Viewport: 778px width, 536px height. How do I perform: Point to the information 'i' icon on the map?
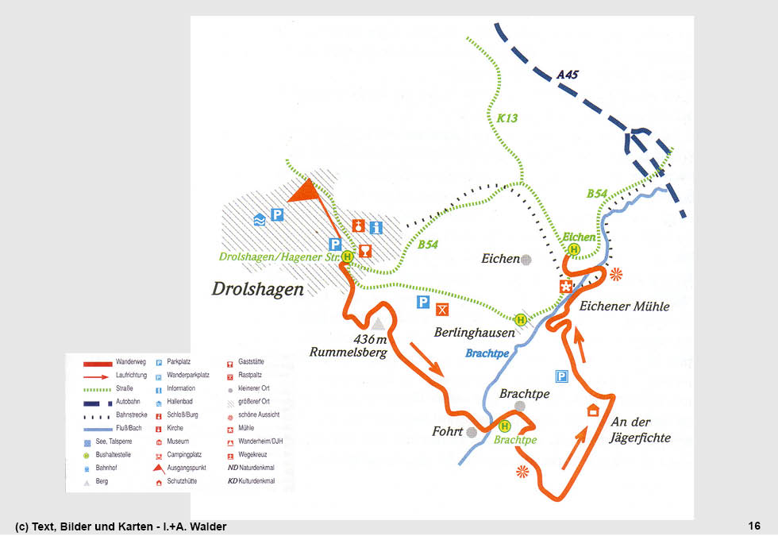pyautogui.click(x=376, y=227)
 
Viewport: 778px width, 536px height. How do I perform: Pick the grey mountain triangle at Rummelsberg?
pyautogui.click(x=378, y=323)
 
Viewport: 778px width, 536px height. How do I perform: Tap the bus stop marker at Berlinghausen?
pyautogui.click(x=521, y=319)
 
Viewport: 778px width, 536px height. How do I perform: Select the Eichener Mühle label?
pyautogui.click(x=624, y=307)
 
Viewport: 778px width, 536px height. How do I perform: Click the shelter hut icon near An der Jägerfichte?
pyautogui.click(x=592, y=411)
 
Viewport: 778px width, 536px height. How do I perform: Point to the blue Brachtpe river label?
pyautogui.click(x=487, y=353)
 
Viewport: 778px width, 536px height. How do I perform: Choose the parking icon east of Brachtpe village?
pyautogui.click(x=562, y=376)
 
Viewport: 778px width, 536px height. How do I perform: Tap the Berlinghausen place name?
pyautogui.click(x=474, y=333)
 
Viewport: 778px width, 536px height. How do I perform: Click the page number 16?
pyautogui.click(x=754, y=526)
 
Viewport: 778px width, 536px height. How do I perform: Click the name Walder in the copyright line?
pyautogui.click(x=209, y=526)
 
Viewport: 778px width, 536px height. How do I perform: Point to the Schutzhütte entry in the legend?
pyautogui.click(x=183, y=482)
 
